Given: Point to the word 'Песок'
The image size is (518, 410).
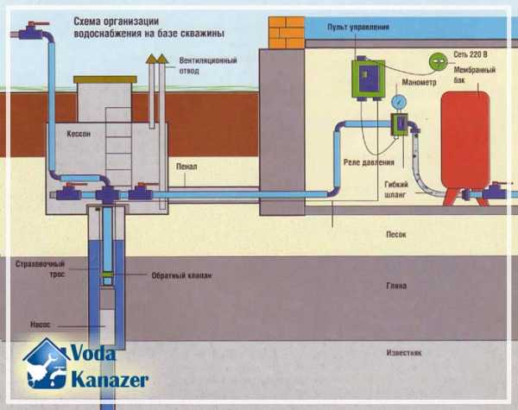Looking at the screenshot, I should (x=395, y=234).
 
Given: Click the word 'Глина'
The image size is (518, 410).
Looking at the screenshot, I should (x=396, y=286).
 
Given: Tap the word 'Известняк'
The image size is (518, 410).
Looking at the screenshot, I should (x=401, y=353).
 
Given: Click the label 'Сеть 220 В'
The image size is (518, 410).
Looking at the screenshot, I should (x=476, y=56).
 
